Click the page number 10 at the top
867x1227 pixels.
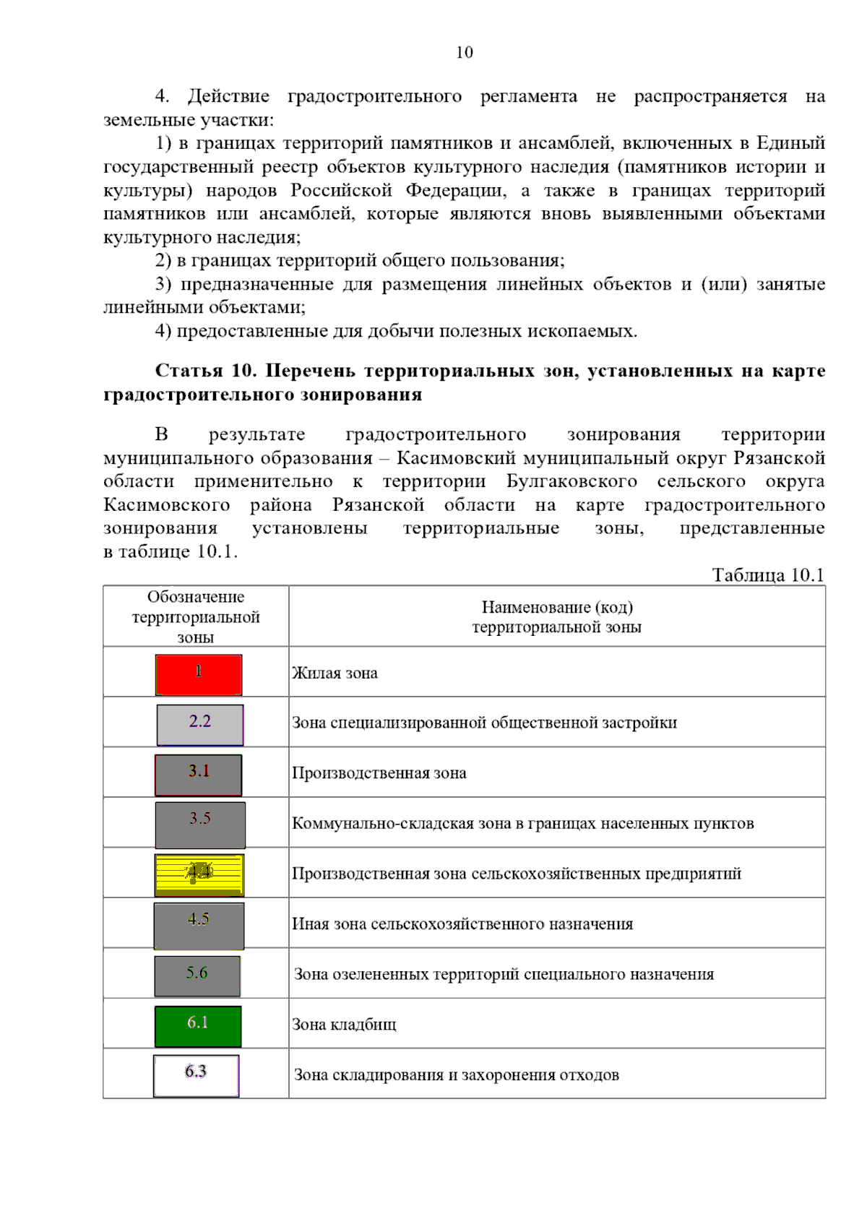pos(465,52)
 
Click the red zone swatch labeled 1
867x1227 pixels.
pos(199,674)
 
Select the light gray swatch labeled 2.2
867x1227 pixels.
pos(200,724)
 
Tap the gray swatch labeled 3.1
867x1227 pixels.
pos(199,775)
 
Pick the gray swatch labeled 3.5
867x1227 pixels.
pos(200,825)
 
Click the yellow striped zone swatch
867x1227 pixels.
pos(199,874)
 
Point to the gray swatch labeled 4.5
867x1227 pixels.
pos(199,925)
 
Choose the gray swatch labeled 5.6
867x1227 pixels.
pos(197,976)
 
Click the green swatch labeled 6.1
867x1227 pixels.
pos(198,1025)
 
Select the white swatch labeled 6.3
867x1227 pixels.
pos(196,1075)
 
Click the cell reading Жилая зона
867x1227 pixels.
pos(335,673)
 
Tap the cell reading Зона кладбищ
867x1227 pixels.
pos(344,1025)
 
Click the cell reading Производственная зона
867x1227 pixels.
pos(379,773)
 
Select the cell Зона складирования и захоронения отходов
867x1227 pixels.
pos(456,1075)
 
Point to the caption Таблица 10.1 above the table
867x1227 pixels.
pos(767,575)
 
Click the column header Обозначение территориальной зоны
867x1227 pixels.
pos(196,617)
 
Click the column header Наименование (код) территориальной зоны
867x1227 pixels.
pos(556,617)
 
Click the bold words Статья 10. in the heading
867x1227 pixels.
pos(205,371)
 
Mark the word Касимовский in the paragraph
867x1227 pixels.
pos(456,458)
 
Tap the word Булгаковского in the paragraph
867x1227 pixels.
pos(571,481)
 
